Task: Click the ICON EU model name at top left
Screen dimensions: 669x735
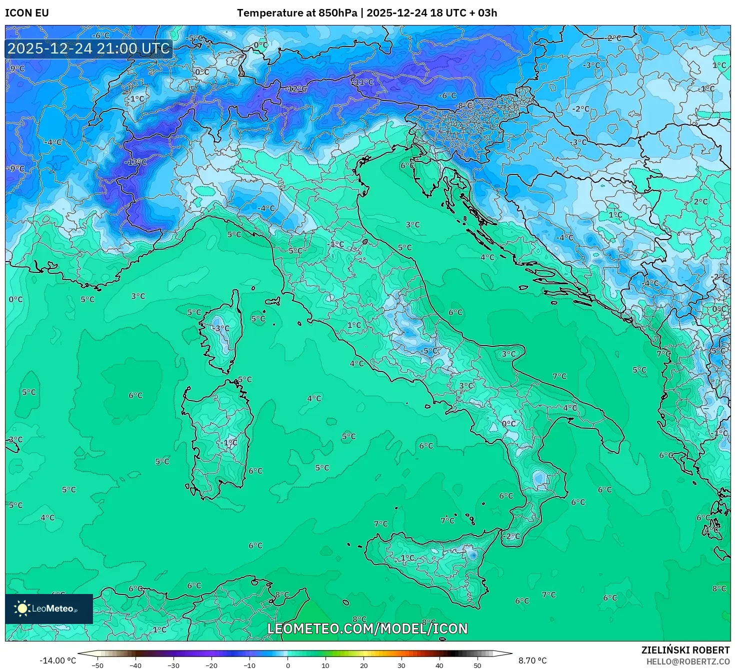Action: pos(27,13)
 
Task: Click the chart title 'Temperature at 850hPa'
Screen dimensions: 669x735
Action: pos(296,13)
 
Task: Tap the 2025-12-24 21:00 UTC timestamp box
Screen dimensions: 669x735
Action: pos(89,49)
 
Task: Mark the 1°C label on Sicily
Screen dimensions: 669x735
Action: pos(407,557)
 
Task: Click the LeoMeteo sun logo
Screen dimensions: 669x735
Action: pos(22,608)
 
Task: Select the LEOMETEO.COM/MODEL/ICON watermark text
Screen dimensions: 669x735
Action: pos(367,628)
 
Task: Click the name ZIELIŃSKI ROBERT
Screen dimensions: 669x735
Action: pos(685,650)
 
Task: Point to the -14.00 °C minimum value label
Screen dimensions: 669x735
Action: pos(57,660)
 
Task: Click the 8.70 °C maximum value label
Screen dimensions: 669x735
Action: pos(532,660)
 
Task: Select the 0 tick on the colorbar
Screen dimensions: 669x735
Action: pos(287,665)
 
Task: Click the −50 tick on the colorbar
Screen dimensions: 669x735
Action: pos(97,665)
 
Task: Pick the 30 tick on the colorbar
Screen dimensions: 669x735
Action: pos(401,665)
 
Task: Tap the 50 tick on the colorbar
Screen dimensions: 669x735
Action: pos(477,665)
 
